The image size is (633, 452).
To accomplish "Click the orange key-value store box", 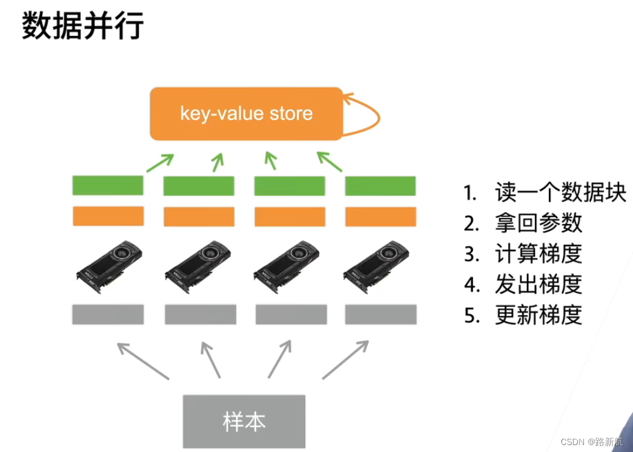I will (246, 114).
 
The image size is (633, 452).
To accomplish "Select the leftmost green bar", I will (108, 185).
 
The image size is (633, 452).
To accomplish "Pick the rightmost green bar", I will (381, 186).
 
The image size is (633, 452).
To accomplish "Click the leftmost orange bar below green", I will (108, 216).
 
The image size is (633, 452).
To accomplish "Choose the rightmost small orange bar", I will (381, 217).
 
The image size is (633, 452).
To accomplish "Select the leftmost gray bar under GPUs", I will (108, 314).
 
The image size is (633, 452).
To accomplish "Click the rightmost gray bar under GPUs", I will (381, 314).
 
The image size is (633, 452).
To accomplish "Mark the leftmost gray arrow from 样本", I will (143, 360).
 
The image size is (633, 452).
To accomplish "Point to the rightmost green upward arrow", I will (330, 161).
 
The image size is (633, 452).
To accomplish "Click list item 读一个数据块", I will (544, 193).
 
